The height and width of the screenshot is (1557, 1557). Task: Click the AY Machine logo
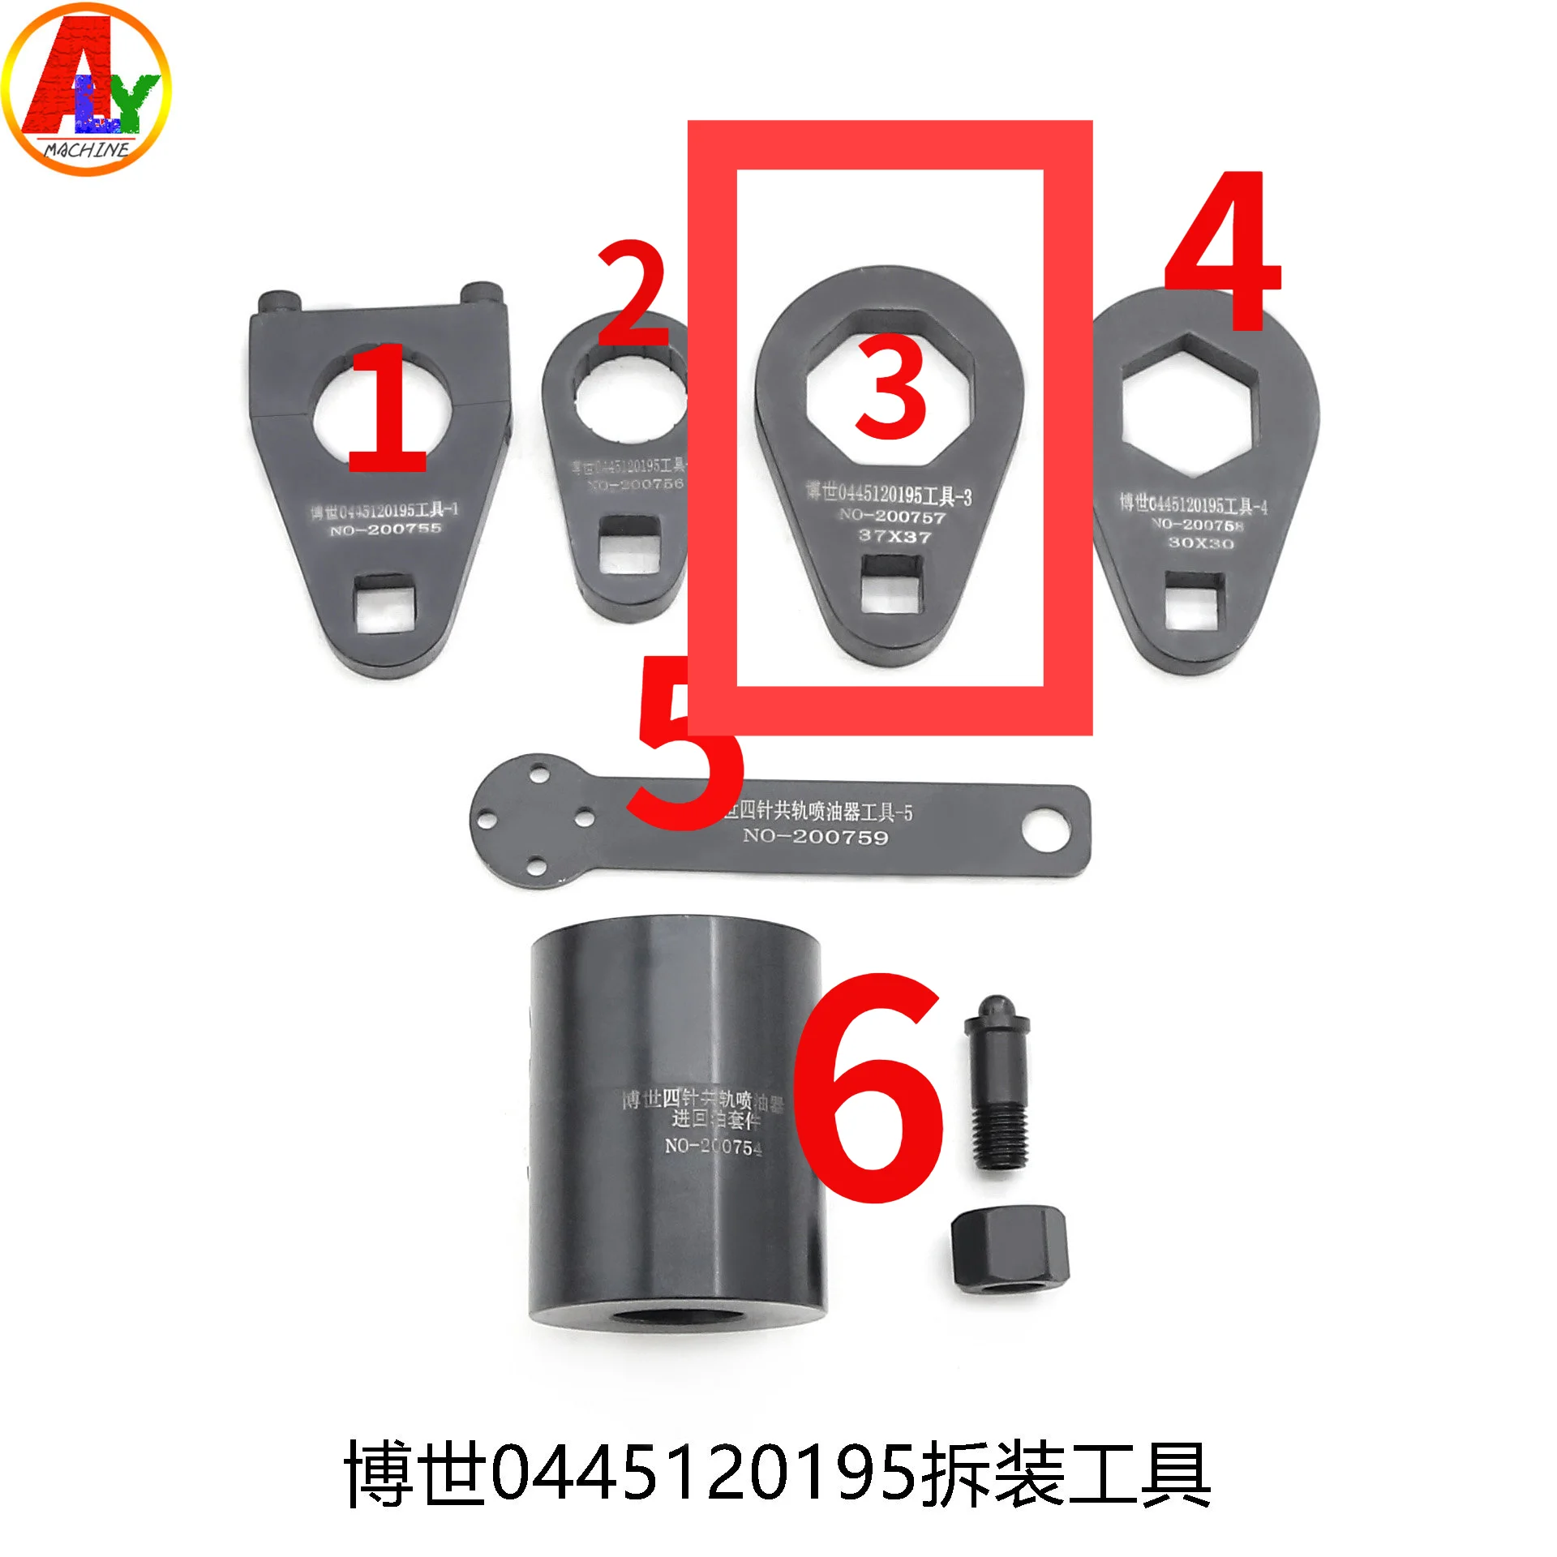pos(86,89)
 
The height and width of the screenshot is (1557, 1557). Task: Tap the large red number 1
pos(389,410)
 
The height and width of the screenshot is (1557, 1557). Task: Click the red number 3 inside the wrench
pos(891,388)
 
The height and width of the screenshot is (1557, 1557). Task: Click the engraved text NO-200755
pos(386,530)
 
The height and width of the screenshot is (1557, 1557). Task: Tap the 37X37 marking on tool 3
pos(894,536)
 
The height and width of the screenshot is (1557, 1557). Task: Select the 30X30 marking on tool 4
pos(1201,543)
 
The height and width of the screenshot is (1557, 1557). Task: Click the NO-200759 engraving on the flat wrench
pos(816,836)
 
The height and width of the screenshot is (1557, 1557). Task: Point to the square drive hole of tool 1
pos(386,603)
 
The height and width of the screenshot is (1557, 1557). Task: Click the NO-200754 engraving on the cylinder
pos(713,1147)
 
